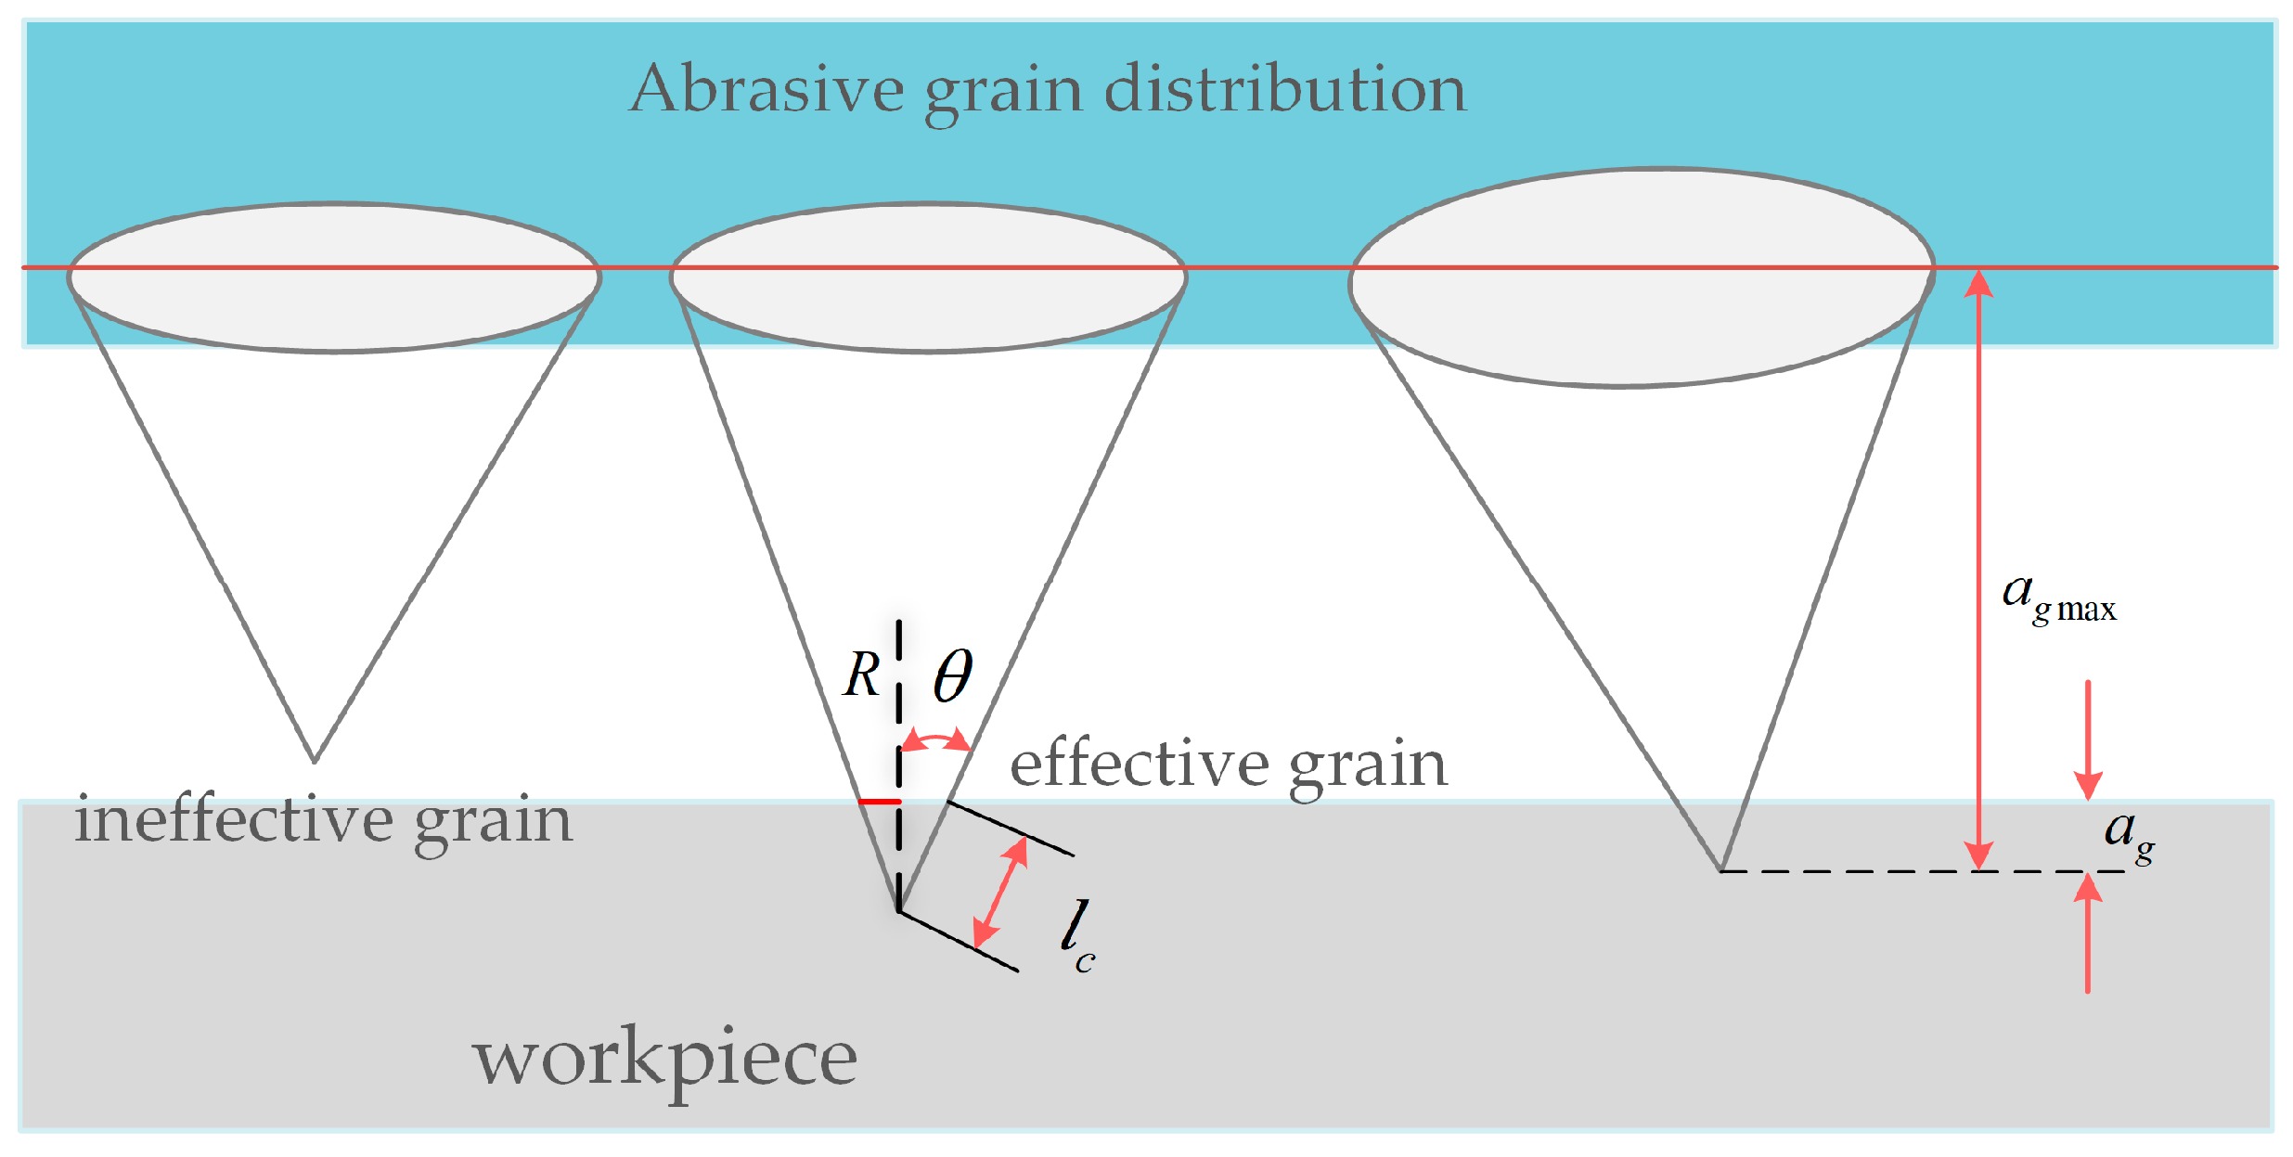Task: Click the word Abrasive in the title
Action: point(766,90)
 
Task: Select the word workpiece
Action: point(664,1059)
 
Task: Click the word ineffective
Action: point(234,820)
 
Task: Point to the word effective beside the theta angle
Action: point(1137,765)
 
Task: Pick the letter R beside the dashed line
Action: point(861,675)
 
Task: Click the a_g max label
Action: point(2057,598)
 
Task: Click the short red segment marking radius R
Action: point(879,801)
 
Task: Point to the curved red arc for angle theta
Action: point(935,739)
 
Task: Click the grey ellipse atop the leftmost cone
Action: point(334,277)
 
